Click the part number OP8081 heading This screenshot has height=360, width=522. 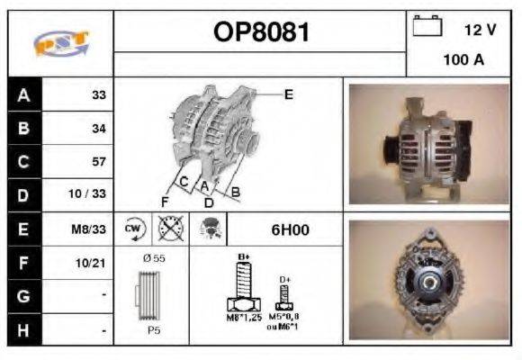coord(260,32)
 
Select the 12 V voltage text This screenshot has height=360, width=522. coord(480,30)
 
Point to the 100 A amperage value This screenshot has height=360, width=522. coord(463,60)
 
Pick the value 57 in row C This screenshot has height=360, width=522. coord(99,162)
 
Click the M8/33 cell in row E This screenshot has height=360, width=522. coord(91,229)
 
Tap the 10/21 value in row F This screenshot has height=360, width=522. coord(93,262)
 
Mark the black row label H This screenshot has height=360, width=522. coord(23,329)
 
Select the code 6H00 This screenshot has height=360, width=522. coord(290,229)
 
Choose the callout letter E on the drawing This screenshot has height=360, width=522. coord(288,94)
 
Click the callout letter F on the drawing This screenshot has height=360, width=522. coord(165,200)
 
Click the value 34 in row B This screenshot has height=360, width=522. coord(99,129)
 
